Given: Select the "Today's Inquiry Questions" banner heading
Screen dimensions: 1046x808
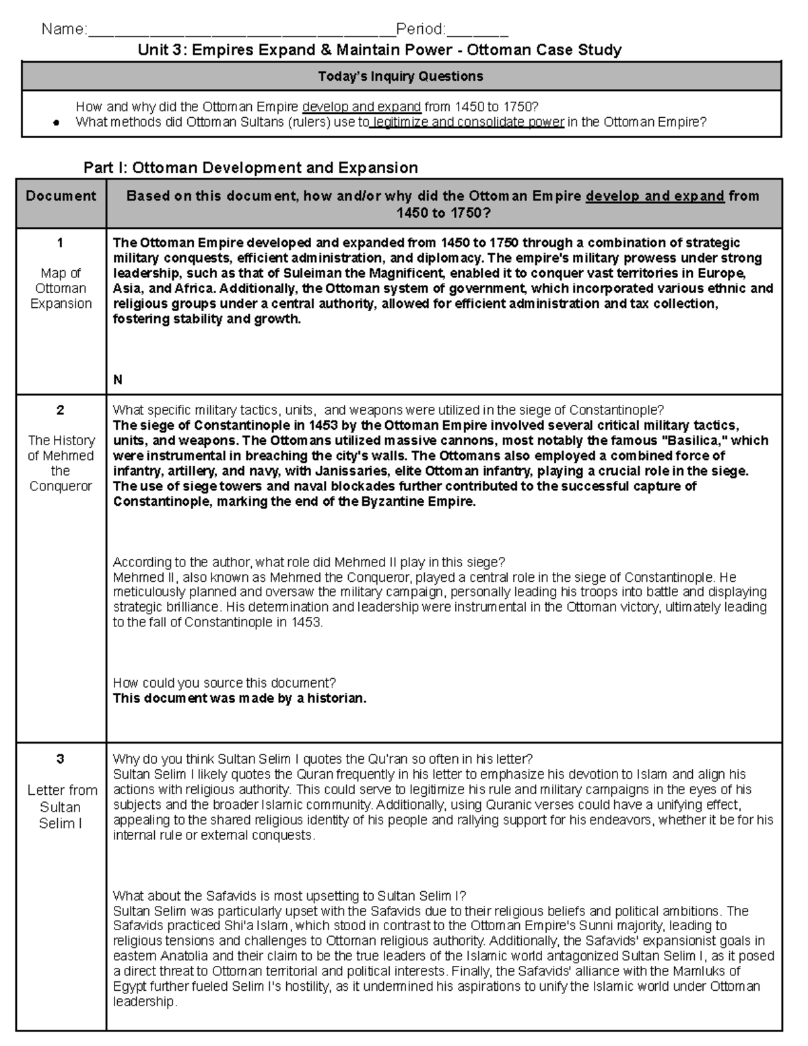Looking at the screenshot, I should (x=401, y=76).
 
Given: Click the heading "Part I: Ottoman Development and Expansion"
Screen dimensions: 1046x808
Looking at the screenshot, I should (x=250, y=167).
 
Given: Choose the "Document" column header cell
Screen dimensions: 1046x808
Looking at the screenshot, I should (x=61, y=196).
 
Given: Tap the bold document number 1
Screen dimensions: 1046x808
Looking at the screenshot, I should (x=61, y=242).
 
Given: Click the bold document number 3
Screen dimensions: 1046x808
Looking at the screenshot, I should (x=61, y=759).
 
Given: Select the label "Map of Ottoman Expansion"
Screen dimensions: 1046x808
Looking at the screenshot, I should (x=61, y=288).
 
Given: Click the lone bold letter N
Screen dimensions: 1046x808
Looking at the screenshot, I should (x=118, y=380).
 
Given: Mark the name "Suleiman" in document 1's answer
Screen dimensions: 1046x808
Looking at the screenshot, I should (x=281, y=273).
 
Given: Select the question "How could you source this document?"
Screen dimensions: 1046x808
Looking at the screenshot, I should (x=224, y=683).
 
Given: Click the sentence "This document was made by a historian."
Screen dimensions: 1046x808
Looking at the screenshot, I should (x=240, y=698).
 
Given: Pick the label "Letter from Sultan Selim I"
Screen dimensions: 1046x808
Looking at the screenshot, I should (x=61, y=806).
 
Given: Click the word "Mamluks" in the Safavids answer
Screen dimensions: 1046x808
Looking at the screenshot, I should (x=698, y=971).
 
